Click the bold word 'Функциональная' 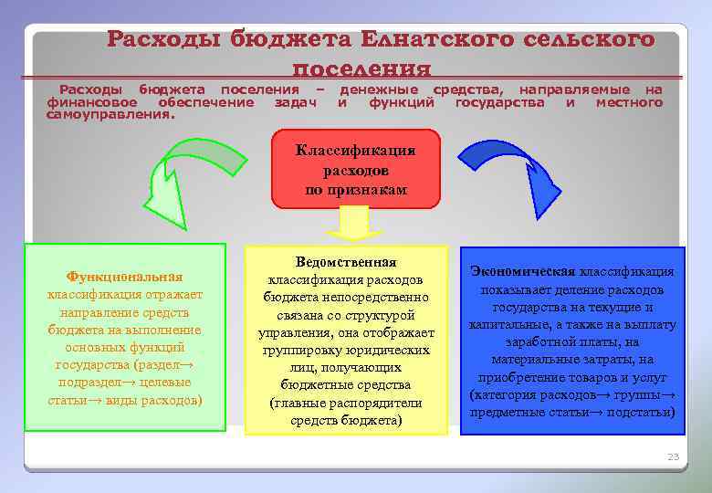tap(125, 276)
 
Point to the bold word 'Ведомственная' tap(346, 262)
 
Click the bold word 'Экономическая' tap(522, 271)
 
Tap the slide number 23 tap(674, 456)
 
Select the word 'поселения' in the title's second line tap(361, 68)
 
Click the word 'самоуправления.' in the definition tap(109, 116)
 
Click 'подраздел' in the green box tap(101, 383)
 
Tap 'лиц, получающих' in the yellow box tap(346, 367)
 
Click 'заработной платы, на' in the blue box tap(572, 342)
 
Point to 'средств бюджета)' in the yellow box tap(346, 420)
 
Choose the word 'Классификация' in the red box tap(355, 151)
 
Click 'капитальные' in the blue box tap(504, 324)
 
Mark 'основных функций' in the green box tap(125, 347)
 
